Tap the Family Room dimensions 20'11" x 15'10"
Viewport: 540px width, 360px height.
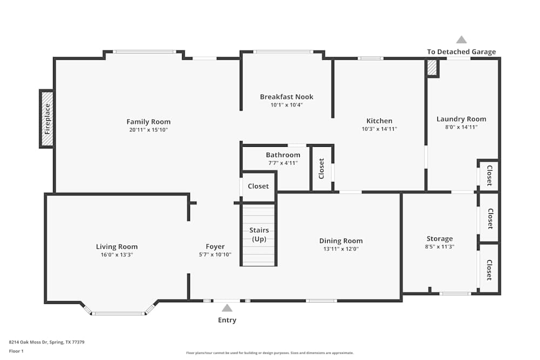click(148, 130)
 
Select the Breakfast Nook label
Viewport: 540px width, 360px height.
click(286, 97)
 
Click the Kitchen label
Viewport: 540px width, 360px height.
click(379, 121)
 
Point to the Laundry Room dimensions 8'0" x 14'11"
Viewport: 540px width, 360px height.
click(461, 127)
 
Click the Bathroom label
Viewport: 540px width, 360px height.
click(283, 155)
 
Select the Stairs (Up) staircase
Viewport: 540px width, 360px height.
click(259, 235)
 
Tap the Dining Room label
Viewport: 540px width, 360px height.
click(341, 241)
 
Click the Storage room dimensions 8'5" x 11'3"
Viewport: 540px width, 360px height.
click(440, 247)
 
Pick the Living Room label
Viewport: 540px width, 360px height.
click(117, 247)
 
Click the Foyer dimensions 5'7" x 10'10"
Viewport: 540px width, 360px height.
click(215, 255)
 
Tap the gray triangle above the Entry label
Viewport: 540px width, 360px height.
click(227, 308)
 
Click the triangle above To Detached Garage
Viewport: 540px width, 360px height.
click(461, 39)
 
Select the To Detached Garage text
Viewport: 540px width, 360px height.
click(461, 52)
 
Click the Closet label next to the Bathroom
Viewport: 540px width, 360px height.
click(322, 168)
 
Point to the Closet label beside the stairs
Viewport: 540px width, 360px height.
click(258, 186)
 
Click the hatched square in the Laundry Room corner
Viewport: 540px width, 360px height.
click(432, 68)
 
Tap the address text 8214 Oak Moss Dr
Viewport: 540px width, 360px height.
click(46, 342)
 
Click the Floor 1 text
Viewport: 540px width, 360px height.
click(16, 351)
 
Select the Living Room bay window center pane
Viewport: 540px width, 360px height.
click(118, 313)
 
